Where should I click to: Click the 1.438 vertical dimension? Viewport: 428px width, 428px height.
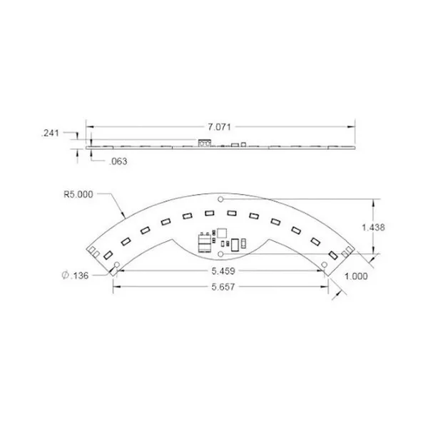click(374, 227)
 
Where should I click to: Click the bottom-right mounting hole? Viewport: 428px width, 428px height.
click(325, 265)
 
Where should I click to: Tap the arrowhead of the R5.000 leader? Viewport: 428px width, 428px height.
click(126, 215)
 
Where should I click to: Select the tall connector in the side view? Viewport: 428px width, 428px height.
click(204, 143)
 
